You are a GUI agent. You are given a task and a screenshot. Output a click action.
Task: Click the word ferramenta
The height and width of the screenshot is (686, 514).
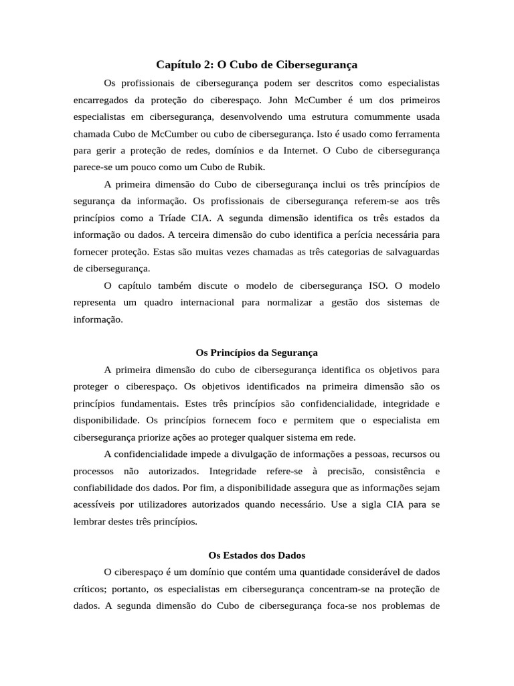coord(415,134)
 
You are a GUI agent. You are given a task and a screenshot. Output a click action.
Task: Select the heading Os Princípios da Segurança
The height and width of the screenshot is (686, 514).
coord(256,352)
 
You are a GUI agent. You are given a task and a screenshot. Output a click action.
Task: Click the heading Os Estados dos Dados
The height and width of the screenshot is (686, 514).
coord(256,555)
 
